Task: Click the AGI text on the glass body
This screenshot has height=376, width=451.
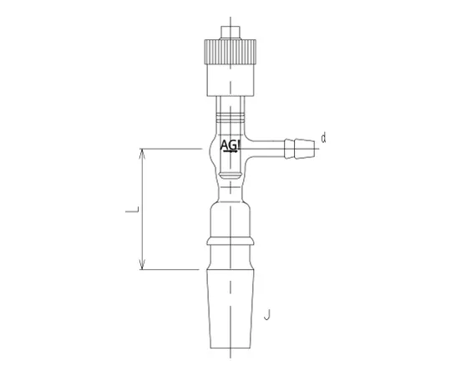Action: tap(231, 145)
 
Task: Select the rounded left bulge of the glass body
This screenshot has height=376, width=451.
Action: tap(212, 150)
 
